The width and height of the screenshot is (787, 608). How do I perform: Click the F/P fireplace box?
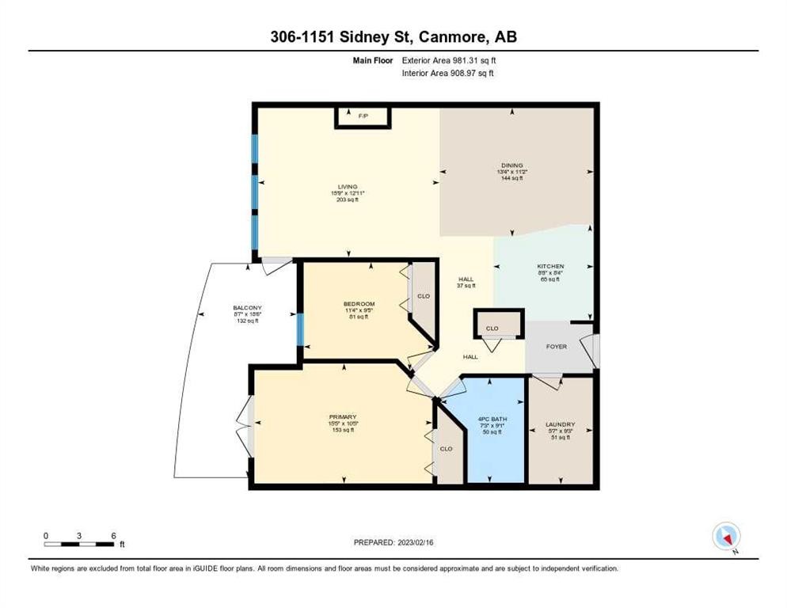363,116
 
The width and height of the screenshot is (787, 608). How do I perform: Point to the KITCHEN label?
550,267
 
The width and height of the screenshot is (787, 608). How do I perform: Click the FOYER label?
557,346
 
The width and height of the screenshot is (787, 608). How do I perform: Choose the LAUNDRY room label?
560,424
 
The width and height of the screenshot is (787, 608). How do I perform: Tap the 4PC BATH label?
492,419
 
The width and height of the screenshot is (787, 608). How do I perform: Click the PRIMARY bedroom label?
343,416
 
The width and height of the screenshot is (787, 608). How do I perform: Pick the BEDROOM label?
359,304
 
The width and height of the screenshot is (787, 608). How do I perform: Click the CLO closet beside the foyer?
492,327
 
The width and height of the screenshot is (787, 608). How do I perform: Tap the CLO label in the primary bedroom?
446,449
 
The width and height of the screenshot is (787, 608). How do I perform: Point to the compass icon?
725,536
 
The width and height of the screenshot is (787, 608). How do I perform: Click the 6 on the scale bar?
114,536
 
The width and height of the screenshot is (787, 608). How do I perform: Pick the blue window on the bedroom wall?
300,329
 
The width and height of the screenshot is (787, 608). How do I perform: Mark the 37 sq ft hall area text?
466,287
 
